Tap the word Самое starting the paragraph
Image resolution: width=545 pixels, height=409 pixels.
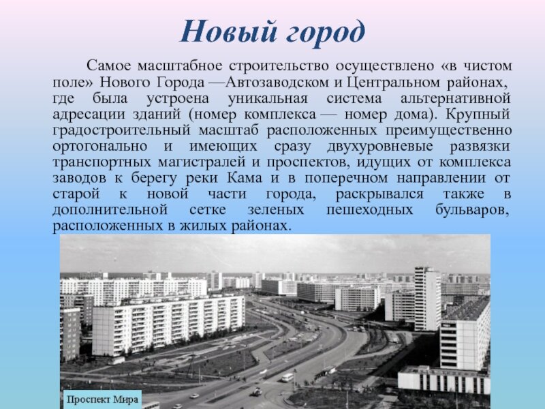pyautogui.click(x=109, y=65)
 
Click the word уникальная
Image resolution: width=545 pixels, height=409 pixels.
pyautogui.click(x=268, y=99)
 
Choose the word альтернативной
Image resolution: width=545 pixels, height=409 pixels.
pyautogui.click(x=455, y=99)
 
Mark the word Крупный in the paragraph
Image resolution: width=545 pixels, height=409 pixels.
pyautogui.click(x=478, y=115)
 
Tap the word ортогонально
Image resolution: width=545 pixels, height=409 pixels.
pyautogui.click(x=99, y=147)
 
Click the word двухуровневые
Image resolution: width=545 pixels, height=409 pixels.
pyautogui.click(x=380, y=147)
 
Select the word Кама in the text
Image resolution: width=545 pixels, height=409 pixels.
pyautogui.click(x=245, y=178)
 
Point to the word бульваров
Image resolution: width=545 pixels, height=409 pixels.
pyautogui.click(x=472, y=210)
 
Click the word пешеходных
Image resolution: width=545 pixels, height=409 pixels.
pyautogui.click(x=369, y=210)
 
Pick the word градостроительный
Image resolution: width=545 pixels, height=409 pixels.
pyautogui.click(x=122, y=131)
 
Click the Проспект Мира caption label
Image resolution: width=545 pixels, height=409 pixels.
pyautogui.click(x=103, y=399)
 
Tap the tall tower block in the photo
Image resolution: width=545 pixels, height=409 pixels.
pyautogui.click(x=427, y=299)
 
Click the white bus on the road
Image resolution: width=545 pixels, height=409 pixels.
pyautogui.click(x=287, y=378)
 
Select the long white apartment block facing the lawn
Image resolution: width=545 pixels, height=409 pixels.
pyautogui.click(x=168, y=325)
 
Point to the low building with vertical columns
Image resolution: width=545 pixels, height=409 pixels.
pyautogui.click(x=444, y=380)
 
